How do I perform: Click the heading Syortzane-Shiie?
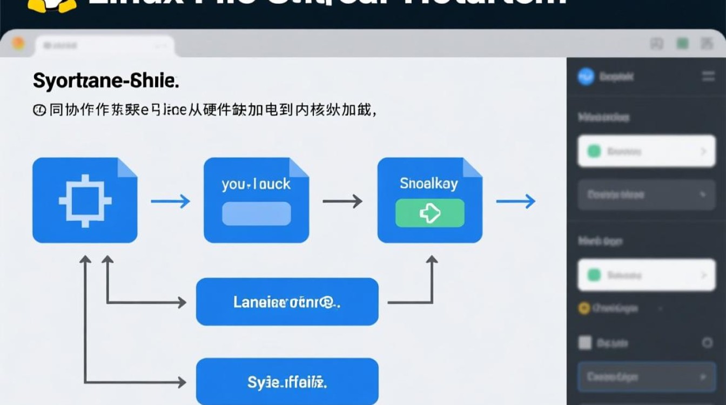(x=106, y=82)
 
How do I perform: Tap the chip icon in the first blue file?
(x=85, y=201)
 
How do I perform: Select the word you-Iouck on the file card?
(x=256, y=184)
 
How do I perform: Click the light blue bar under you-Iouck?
(x=256, y=213)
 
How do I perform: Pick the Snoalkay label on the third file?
(x=429, y=184)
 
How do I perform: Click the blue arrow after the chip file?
(x=170, y=201)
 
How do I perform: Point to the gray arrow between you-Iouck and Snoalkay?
(x=342, y=201)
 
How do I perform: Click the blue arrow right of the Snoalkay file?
(x=516, y=201)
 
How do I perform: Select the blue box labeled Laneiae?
(x=287, y=302)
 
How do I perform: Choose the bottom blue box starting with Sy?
(x=287, y=382)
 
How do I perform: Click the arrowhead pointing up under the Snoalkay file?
(x=431, y=260)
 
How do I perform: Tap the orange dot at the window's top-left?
(x=18, y=43)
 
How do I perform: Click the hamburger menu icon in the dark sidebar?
(x=708, y=77)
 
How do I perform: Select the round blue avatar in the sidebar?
(x=586, y=77)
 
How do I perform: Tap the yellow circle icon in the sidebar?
(x=584, y=308)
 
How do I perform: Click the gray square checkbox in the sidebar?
(x=585, y=342)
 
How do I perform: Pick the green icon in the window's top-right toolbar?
(x=683, y=44)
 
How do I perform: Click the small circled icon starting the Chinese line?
(x=39, y=111)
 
